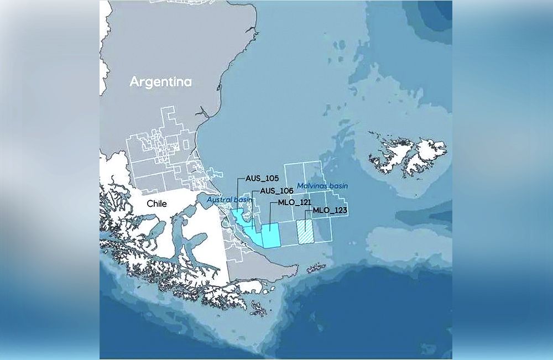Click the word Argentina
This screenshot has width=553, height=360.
click(160, 82)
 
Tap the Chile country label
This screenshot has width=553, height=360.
click(156, 204)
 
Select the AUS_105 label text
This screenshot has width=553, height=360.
click(262, 179)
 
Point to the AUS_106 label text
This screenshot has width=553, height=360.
click(275, 191)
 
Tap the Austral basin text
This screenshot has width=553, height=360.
click(226, 199)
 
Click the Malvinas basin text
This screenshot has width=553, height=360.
click(322, 186)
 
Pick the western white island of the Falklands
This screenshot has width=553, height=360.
click(390, 152)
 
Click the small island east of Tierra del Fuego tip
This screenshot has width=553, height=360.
click(316, 268)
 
